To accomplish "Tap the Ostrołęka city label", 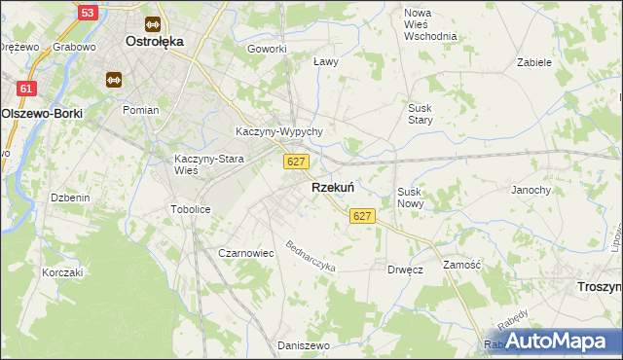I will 155,42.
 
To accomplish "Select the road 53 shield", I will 87,13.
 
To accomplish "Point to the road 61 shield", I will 26,89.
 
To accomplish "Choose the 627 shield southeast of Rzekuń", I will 362,215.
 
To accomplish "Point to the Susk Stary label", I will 420,114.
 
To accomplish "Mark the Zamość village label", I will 462,265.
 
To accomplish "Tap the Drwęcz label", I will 404,270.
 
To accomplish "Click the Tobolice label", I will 191,209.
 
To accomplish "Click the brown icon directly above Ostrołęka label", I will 151,23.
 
